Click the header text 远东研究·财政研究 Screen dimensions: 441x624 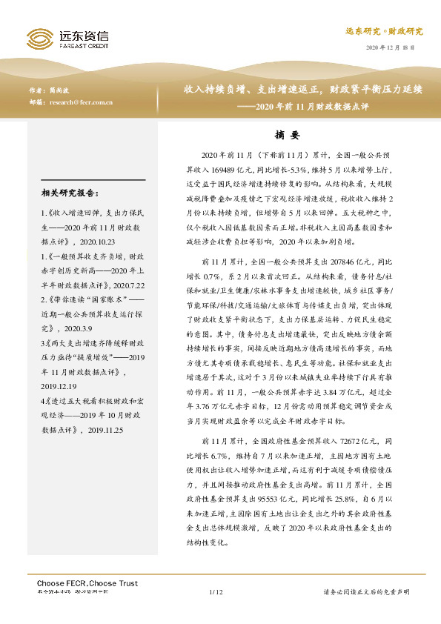384,31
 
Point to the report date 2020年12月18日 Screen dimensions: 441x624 391,49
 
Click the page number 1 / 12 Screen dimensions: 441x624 216,592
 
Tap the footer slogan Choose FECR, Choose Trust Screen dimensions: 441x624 82,584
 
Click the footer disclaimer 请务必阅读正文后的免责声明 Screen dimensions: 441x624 368,592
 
